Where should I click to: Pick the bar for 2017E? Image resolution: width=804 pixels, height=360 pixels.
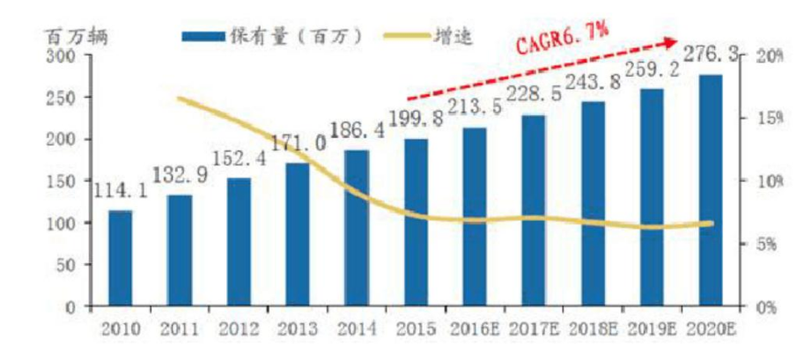[533, 210]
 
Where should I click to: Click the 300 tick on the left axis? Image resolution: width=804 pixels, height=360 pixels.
[65, 56]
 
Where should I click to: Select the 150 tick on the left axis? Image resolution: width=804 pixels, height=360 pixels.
[65, 181]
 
